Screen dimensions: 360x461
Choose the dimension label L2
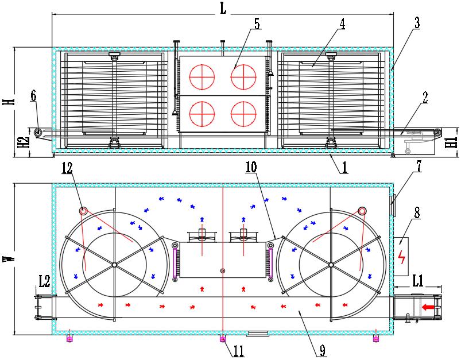[44, 281]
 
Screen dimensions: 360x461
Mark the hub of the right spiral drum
[331, 264]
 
